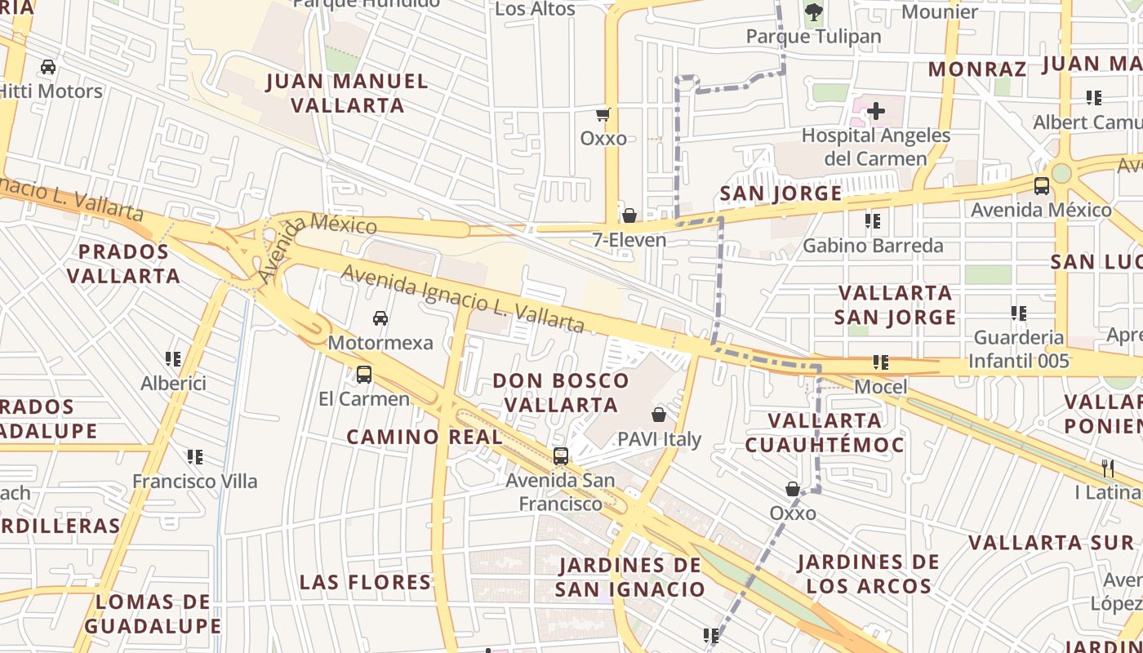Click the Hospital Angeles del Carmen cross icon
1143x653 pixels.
coord(876,111)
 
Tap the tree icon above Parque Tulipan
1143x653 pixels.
coord(813,11)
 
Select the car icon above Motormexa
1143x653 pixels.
coord(380,318)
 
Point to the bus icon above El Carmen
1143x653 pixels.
coord(364,375)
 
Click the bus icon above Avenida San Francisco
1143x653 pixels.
coord(560,456)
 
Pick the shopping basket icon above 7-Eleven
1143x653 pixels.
coord(629,215)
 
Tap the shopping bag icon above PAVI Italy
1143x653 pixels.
coord(659,415)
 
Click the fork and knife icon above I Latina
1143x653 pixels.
coord(1108,469)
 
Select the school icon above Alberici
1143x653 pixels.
coord(173,358)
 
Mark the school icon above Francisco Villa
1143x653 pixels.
coord(194,456)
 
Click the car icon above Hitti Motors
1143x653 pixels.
coord(48,66)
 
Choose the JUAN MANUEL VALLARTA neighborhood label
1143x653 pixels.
coord(348,93)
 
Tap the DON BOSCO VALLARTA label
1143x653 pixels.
coord(561,393)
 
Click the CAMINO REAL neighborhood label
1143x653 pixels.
coord(425,437)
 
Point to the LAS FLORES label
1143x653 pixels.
coord(365,582)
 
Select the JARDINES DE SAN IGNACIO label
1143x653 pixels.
coord(629,577)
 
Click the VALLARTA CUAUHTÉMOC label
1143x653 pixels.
coord(825,433)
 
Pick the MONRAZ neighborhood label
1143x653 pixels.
coord(976,69)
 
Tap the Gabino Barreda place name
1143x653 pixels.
coord(873,246)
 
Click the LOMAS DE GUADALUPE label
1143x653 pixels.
coord(153,614)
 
